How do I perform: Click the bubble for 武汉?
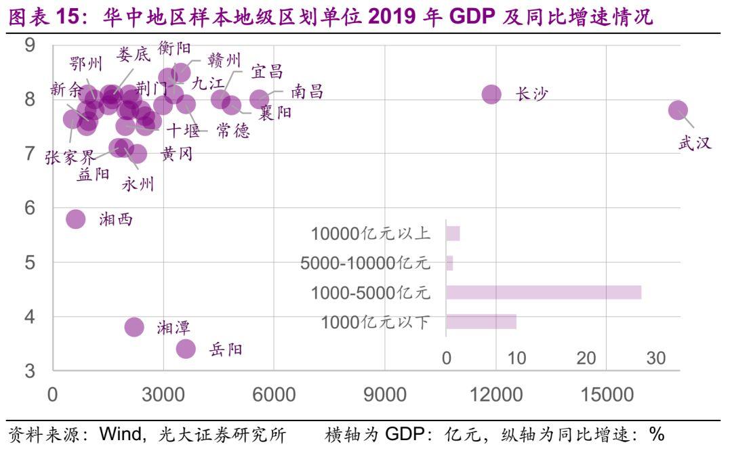pyautogui.click(x=678, y=110)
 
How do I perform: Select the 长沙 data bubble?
pyautogui.click(x=491, y=94)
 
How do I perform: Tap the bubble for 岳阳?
pyautogui.click(x=186, y=349)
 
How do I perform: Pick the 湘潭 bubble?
pyautogui.click(x=135, y=327)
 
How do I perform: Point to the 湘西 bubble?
pyautogui.click(x=75, y=219)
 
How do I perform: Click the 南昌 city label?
pyautogui.click(x=307, y=92)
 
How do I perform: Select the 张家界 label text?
pyautogui.click(x=70, y=158)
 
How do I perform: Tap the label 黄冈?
pyautogui.click(x=177, y=154)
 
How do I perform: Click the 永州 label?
pyautogui.click(x=138, y=184)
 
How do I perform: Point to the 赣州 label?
pyautogui.click(x=224, y=61)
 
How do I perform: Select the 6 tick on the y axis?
pyautogui.click(x=29, y=208)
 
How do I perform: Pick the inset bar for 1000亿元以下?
pyautogui.click(x=481, y=322)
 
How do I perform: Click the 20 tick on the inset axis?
pyautogui.click(x=586, y=358)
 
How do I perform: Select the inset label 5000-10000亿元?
pyautogui.click(x=365, y=263)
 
